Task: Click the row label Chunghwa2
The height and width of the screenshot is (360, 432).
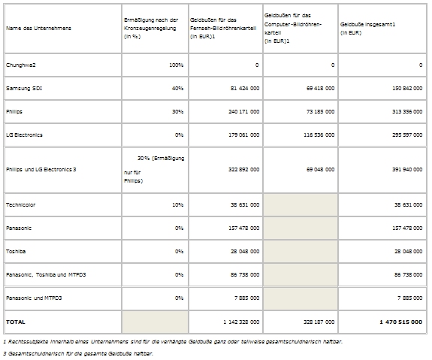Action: (21, 65)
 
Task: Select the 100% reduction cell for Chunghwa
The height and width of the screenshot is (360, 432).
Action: (177, 65)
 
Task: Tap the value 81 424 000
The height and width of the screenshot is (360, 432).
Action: (245, 88)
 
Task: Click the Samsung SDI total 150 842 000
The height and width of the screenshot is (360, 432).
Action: (407, 88)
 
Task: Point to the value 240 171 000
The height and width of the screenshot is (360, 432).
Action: (244, 112)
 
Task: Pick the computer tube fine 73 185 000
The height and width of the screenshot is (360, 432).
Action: (320, 112)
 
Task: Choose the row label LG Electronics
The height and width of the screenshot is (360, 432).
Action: (24, 135)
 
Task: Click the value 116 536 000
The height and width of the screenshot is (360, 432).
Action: (319, 135)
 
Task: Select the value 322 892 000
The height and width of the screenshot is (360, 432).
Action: (244, 169)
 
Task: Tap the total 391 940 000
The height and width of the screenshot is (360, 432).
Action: (407, 169)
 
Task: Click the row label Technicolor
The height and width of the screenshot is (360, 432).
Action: (21, 205)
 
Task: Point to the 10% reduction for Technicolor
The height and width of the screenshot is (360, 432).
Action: (178, 205)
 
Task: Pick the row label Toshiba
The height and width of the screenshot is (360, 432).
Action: (16, 251)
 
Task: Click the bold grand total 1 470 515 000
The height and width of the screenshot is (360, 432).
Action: (401, 322)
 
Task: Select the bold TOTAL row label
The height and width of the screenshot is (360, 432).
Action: (16, 322)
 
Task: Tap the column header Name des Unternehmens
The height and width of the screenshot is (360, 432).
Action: (38, 28)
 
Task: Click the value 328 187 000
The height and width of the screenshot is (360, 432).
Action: (319, 322)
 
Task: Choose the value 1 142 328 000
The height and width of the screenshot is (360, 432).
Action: (241, 322)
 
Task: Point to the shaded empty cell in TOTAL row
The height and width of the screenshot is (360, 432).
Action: (155, 322)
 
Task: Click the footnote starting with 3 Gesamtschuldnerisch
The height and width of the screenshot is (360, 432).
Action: (78, 353)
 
